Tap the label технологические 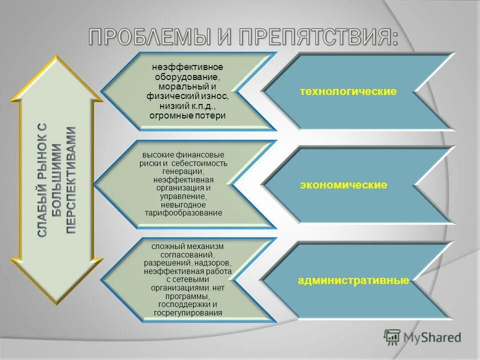[x=348, y=91]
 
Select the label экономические [x=343, y=185]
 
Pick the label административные [x=353, y=280]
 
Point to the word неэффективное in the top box [x=187, y=67]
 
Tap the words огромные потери [x=187, y=115]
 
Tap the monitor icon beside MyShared [x=392, y=337]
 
